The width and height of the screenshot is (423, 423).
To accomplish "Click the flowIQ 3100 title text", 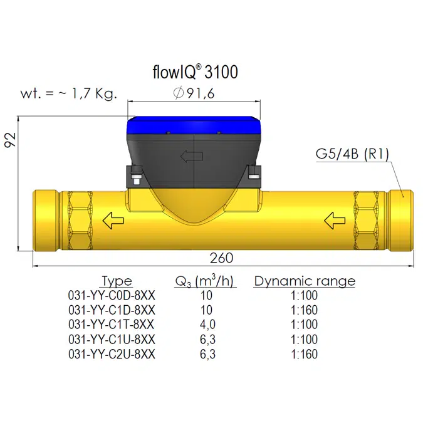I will point(195,72).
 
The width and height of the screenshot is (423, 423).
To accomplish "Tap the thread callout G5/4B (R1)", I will point(351,155).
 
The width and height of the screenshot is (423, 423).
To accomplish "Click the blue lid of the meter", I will point(194,128).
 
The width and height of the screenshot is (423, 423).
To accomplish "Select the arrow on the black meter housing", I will point(188,157).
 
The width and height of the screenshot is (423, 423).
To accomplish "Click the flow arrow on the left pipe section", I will point(112,220).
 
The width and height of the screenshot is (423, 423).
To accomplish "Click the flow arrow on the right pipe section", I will point(335,219).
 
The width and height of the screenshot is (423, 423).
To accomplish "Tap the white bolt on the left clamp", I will point(136,181).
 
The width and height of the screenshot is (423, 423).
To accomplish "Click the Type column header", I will point(117,281).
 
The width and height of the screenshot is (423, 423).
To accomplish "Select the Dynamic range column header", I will point(304,281).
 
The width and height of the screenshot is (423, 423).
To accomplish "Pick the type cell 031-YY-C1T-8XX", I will point(112,325).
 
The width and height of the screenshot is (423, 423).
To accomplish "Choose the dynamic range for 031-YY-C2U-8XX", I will point(304,354).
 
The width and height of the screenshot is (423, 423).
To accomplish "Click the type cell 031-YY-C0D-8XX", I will point(112,295).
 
